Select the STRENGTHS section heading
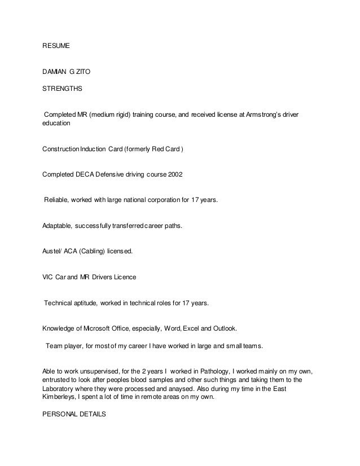(62, 89)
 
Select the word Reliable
(58, 200)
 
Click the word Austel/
(54, 252)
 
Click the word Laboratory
(62, 389)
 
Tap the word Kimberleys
(62, 397)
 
